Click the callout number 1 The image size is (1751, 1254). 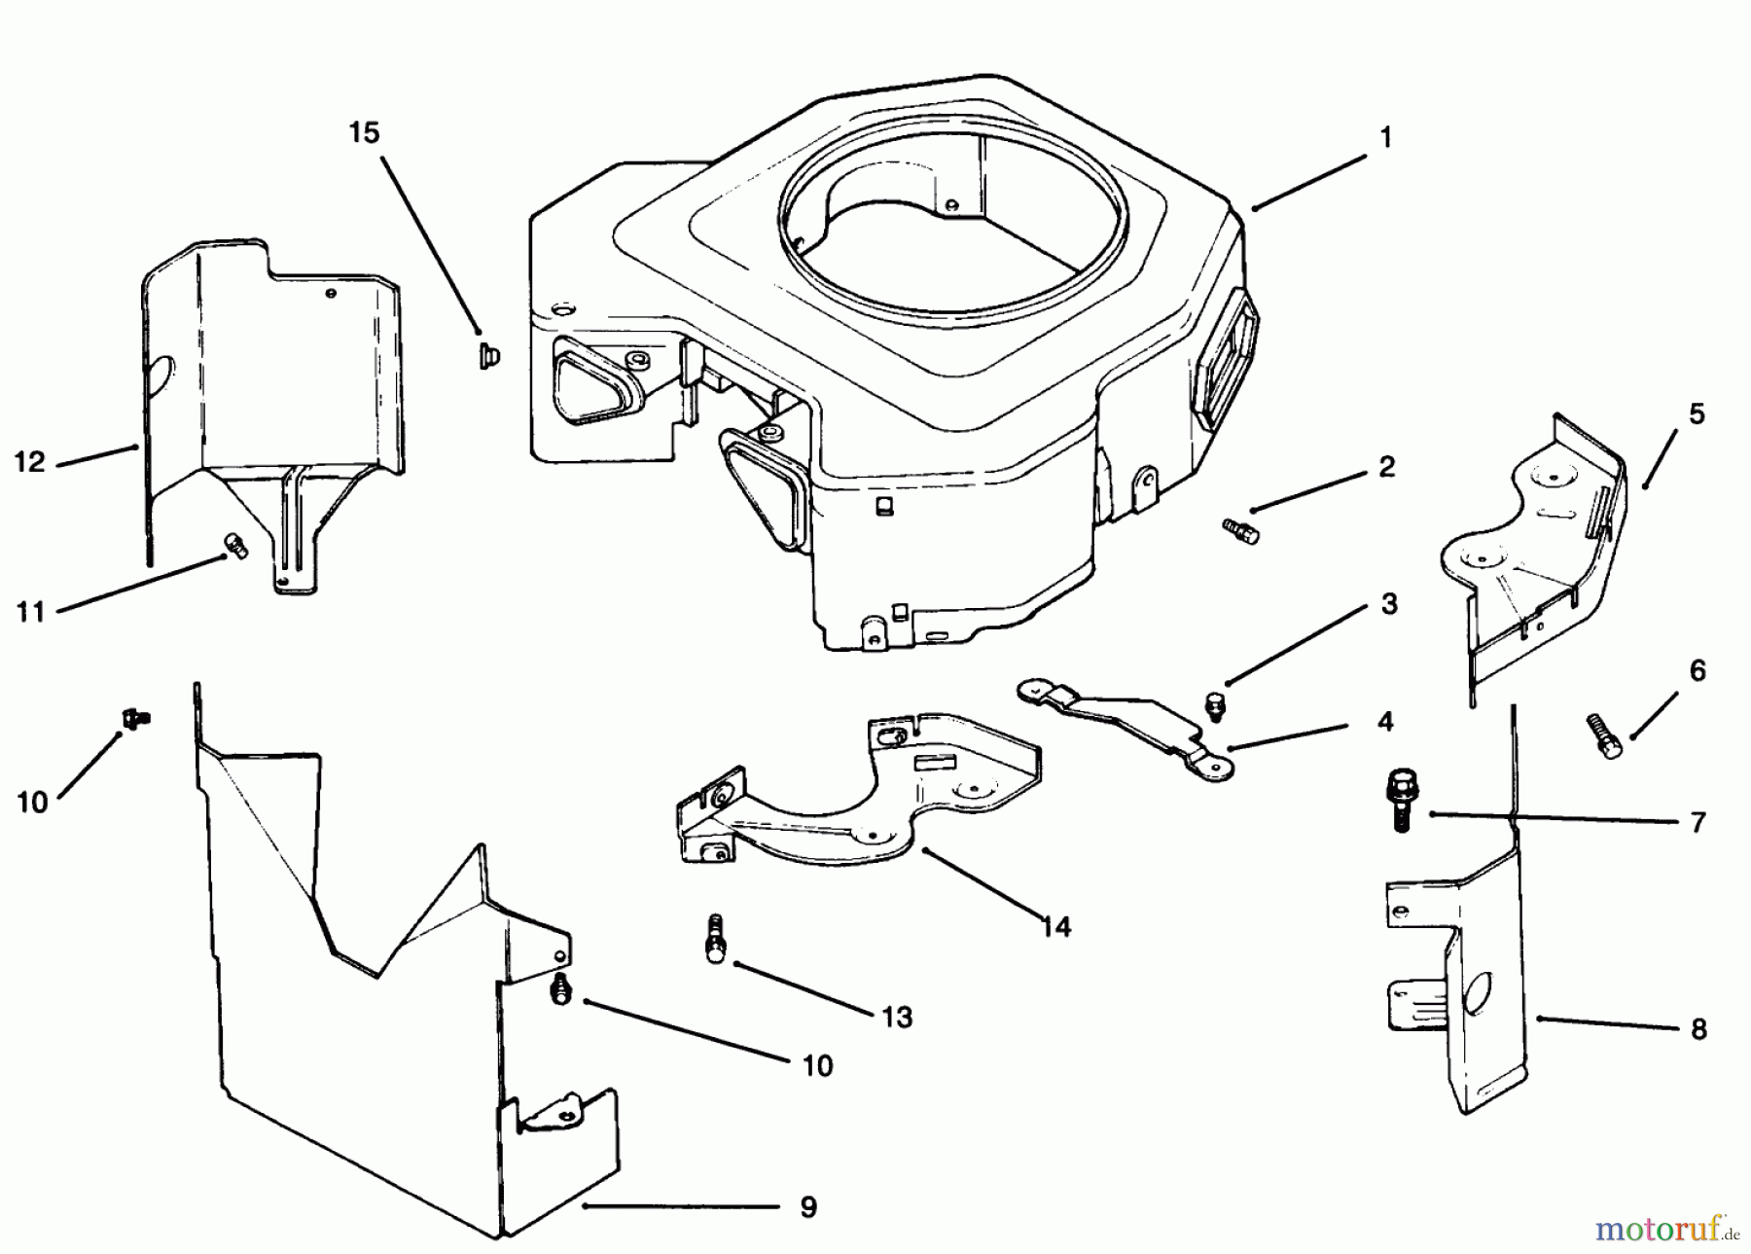pos(1386,137)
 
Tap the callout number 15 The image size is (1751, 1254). pos(364,132)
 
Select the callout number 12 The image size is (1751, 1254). pos(30,461)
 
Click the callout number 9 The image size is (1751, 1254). pos(807,1207)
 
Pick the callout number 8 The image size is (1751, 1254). pos(1698,1029)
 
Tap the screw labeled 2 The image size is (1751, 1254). pos(1240,530)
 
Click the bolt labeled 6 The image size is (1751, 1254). pos(1601,736)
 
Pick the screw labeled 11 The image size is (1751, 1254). pos(235,547)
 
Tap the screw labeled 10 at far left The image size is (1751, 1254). pos(135,718)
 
